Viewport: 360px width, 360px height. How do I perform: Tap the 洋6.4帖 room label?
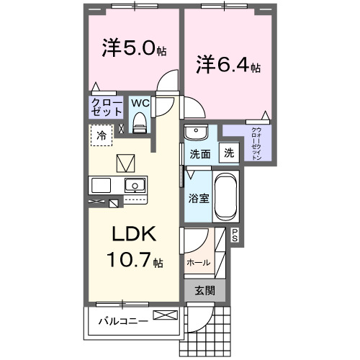[x=228, y=65]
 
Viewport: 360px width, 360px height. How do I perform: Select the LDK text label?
[x=132, y=235]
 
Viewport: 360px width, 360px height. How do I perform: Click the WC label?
[x=140, y=102]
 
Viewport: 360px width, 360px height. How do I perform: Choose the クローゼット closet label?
[x=106, y=108]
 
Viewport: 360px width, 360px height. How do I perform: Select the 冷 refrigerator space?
[x=102, y=135]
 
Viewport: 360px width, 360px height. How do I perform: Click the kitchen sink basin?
[x=134, y=186]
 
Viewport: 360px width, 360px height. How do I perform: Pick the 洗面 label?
[x=199, y=153]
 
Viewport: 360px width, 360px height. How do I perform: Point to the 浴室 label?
[x=199, y=197]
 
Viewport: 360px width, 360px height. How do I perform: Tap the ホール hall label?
[x=198, y=263]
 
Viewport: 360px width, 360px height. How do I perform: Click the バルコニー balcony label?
[x=123, y=320]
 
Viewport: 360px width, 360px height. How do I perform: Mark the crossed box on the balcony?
[x=164, y=315]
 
